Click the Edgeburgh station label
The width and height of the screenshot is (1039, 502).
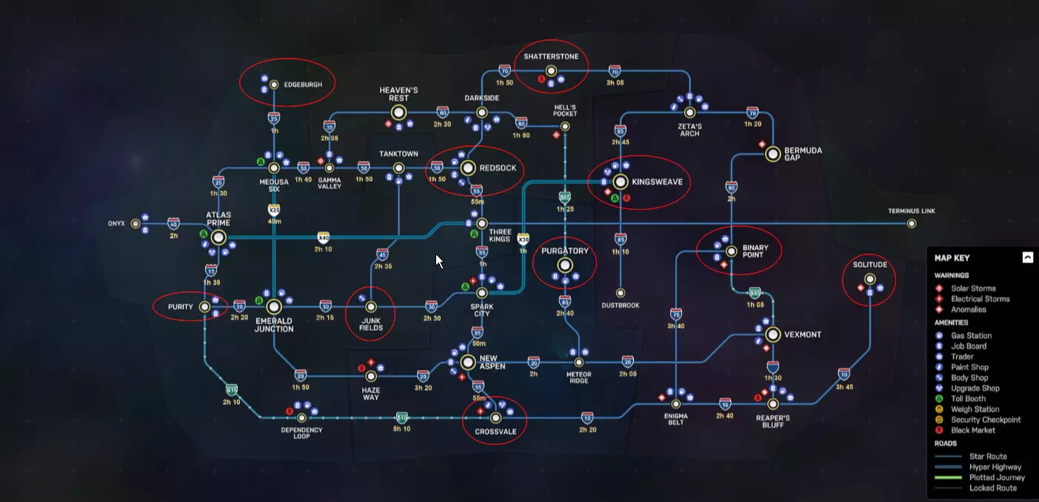[x=303, y=85]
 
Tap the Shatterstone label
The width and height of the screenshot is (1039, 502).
[x=551, y=57]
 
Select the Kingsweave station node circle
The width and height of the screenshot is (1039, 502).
[x=621, y=182]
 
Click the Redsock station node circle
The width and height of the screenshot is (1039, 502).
[x=468, y=168]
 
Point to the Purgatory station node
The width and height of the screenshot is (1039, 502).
[x=565, y=265]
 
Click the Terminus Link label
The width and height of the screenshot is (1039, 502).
[x=912, y=211]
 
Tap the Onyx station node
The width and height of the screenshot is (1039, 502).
[x=135, y=223]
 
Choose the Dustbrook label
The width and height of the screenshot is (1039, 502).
[x=621, y=306]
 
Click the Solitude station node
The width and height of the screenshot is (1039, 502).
[x=869, y=280]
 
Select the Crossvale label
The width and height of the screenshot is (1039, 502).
[x=495, y=431]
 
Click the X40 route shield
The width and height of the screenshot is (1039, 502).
[x=323, y=237]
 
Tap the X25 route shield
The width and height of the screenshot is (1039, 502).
[x=274, y=211]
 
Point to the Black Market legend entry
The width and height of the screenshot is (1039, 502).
[x=974, y=430]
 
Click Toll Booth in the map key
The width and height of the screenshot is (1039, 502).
[x=969, y=399]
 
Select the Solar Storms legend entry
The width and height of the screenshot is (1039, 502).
[x=973, y=288]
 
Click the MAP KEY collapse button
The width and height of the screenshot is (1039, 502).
[x=1027, y=258]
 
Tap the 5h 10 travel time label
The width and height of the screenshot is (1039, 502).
[x=401, y=429]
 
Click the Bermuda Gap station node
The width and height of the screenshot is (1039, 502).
[x=773, y=154]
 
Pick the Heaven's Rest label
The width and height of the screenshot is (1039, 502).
[x=398, y=94]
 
